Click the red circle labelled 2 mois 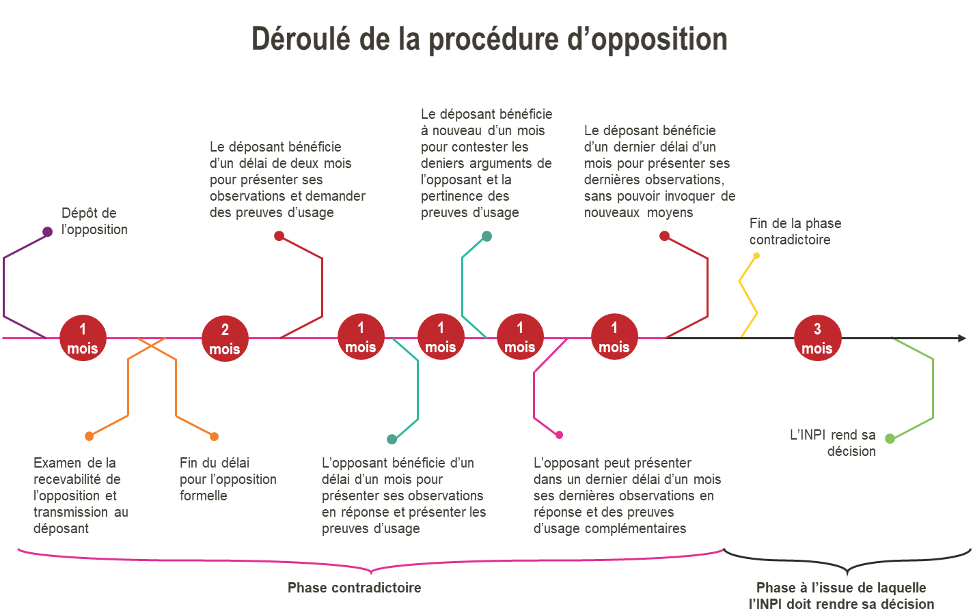pos(225,339)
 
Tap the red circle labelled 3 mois pos(817,338)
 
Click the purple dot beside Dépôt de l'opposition pos(48,232)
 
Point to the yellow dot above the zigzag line pos(756,256)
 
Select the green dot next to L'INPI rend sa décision pos(890,438)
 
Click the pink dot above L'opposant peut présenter pos(560,435)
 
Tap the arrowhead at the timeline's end pos(962,338)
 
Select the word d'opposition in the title pos(648,39)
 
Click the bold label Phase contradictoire pos(354,588)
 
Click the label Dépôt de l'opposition pos(94,221)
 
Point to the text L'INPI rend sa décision pos(832,443)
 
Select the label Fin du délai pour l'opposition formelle pos(228,479)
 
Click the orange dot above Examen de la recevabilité pos(89,436)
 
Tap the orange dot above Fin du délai pos(215,436)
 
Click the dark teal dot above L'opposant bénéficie pos(392,439)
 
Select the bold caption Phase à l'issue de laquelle pos(841,588)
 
